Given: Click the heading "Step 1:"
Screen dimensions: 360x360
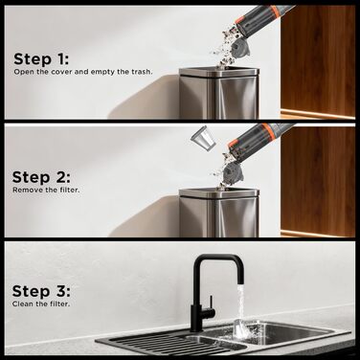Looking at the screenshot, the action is [x=41, y=59].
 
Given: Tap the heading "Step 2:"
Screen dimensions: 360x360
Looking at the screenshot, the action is [x=41, y=177].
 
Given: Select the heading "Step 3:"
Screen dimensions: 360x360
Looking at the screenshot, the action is [x=41, y=291].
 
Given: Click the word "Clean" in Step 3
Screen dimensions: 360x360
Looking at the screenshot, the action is [x=22, y=304].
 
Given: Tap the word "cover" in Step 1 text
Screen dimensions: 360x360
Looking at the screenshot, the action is [x=61, y=72].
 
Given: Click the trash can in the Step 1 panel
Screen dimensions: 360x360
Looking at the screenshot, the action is [x=219, y=93].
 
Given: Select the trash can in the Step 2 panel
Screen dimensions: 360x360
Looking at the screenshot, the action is [x=219, y=213].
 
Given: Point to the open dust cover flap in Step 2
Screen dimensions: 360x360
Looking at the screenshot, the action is [x=234, y=171].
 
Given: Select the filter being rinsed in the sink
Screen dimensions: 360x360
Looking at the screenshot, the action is [x=241, y=329].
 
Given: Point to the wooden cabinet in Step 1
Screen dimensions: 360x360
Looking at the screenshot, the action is [x=318, y=61].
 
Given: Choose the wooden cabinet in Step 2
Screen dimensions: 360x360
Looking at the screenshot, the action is [x=318, y=181].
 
